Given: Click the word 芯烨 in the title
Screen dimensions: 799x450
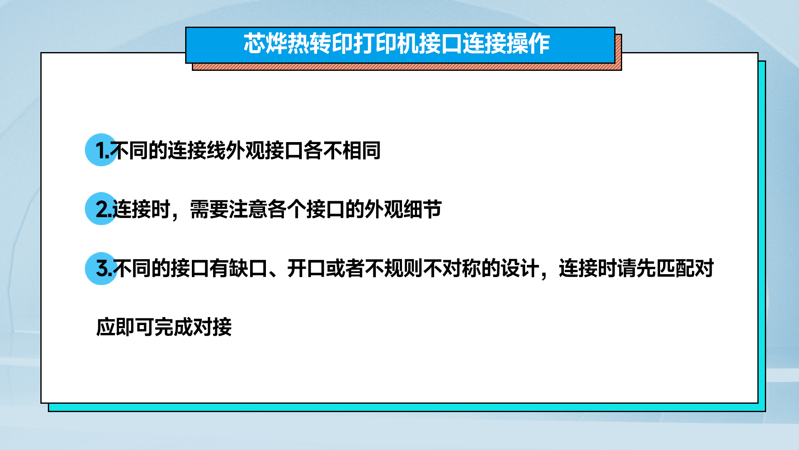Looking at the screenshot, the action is coord(265,44).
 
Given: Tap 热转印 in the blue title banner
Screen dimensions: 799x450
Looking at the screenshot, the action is coord(320,44).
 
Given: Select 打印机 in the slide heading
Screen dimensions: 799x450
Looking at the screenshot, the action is coord(386,44).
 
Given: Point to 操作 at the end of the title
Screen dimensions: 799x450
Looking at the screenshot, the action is coord(529,44).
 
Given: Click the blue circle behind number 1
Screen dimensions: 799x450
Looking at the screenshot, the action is coord(101,150).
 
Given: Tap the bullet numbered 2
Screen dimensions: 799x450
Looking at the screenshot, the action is coord(101,209).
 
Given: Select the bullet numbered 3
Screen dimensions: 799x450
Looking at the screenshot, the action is coord(101,269).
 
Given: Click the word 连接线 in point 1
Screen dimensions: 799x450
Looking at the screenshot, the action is coord(197,150).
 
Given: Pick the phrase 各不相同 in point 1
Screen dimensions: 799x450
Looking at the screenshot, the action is coord(342,150).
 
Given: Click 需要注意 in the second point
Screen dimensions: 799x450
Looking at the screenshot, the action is coord(228,209).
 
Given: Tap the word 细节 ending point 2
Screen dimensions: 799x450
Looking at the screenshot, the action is coord(422,209).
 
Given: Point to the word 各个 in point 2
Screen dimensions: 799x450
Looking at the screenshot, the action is coord(287,209).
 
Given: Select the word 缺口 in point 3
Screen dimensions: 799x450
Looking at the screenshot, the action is coord(248,268).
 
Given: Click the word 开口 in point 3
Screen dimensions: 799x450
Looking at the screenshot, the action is coord(306,268).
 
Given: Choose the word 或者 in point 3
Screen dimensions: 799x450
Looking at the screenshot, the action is coord(345,268).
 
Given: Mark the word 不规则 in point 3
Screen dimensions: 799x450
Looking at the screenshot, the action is coord(394,268).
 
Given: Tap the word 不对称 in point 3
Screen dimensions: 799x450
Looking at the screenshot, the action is coord(452,268).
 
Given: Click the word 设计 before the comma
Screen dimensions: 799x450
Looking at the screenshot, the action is coord(520,268).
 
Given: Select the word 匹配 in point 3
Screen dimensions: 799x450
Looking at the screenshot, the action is coord(675,268).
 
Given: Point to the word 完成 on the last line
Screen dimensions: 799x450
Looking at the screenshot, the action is coord(174,327).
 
